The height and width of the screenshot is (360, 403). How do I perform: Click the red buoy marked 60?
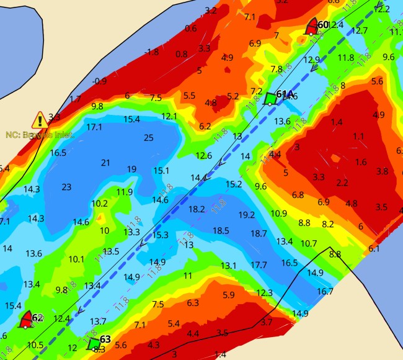312,27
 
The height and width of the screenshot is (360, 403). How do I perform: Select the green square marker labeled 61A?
270,98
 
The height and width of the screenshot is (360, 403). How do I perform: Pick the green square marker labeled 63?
94,343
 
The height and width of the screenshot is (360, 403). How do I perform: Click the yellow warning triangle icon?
41,120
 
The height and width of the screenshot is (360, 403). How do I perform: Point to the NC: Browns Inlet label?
40,134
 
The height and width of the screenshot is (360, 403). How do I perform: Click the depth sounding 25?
148,137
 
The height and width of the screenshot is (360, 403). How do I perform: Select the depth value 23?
66,186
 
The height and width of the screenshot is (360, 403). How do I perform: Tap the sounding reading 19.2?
246,215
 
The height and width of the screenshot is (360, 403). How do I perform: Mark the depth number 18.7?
259,233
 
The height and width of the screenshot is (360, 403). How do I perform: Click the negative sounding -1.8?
151,52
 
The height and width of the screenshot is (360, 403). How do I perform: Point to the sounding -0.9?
99,81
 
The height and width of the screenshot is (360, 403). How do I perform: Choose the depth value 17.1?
94,127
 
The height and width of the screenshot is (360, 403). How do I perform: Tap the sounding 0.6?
190,29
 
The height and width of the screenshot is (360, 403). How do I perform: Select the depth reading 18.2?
196,209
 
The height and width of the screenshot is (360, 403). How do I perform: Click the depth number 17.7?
259,265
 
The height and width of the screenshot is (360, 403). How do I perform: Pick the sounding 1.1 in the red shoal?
358,136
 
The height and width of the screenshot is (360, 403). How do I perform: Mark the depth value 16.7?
325,291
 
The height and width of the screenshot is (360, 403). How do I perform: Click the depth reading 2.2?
342,182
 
